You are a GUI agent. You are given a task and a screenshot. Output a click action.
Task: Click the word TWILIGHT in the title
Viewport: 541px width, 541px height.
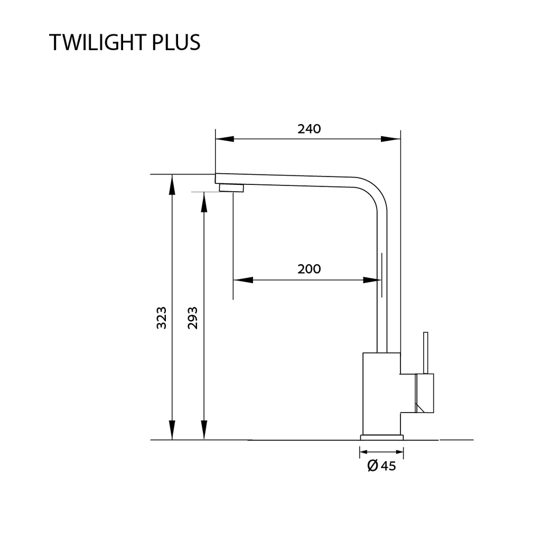point(98,43)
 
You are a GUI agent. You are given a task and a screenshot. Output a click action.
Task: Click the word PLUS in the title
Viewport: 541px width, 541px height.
point(176,43)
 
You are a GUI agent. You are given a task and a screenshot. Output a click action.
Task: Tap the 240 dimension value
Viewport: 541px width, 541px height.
point(309,129)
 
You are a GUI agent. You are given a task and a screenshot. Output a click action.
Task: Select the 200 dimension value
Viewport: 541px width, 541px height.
point(309,269)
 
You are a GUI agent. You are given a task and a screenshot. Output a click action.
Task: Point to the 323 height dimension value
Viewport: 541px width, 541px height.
point(162,318)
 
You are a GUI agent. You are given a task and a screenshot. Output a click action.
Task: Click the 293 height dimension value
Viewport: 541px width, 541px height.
point(192,318)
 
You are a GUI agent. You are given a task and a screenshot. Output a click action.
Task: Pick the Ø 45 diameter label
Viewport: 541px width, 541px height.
point(381,466)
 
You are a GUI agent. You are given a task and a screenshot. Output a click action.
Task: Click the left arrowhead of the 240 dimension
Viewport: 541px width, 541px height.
point(225,139)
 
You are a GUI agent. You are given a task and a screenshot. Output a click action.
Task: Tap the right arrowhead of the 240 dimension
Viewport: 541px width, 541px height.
point(391,139)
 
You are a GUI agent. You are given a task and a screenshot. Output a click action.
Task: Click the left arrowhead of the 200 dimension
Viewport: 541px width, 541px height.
point(243,280)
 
